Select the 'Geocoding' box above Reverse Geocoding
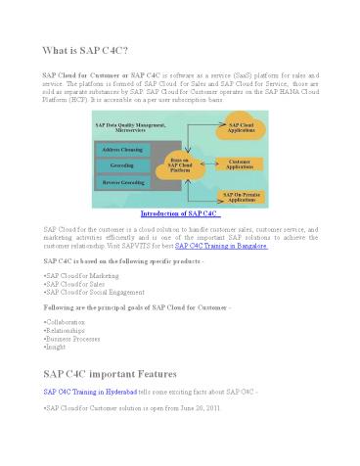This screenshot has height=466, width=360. [x=122, y=166]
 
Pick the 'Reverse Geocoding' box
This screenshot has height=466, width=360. [x=122, y=183]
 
